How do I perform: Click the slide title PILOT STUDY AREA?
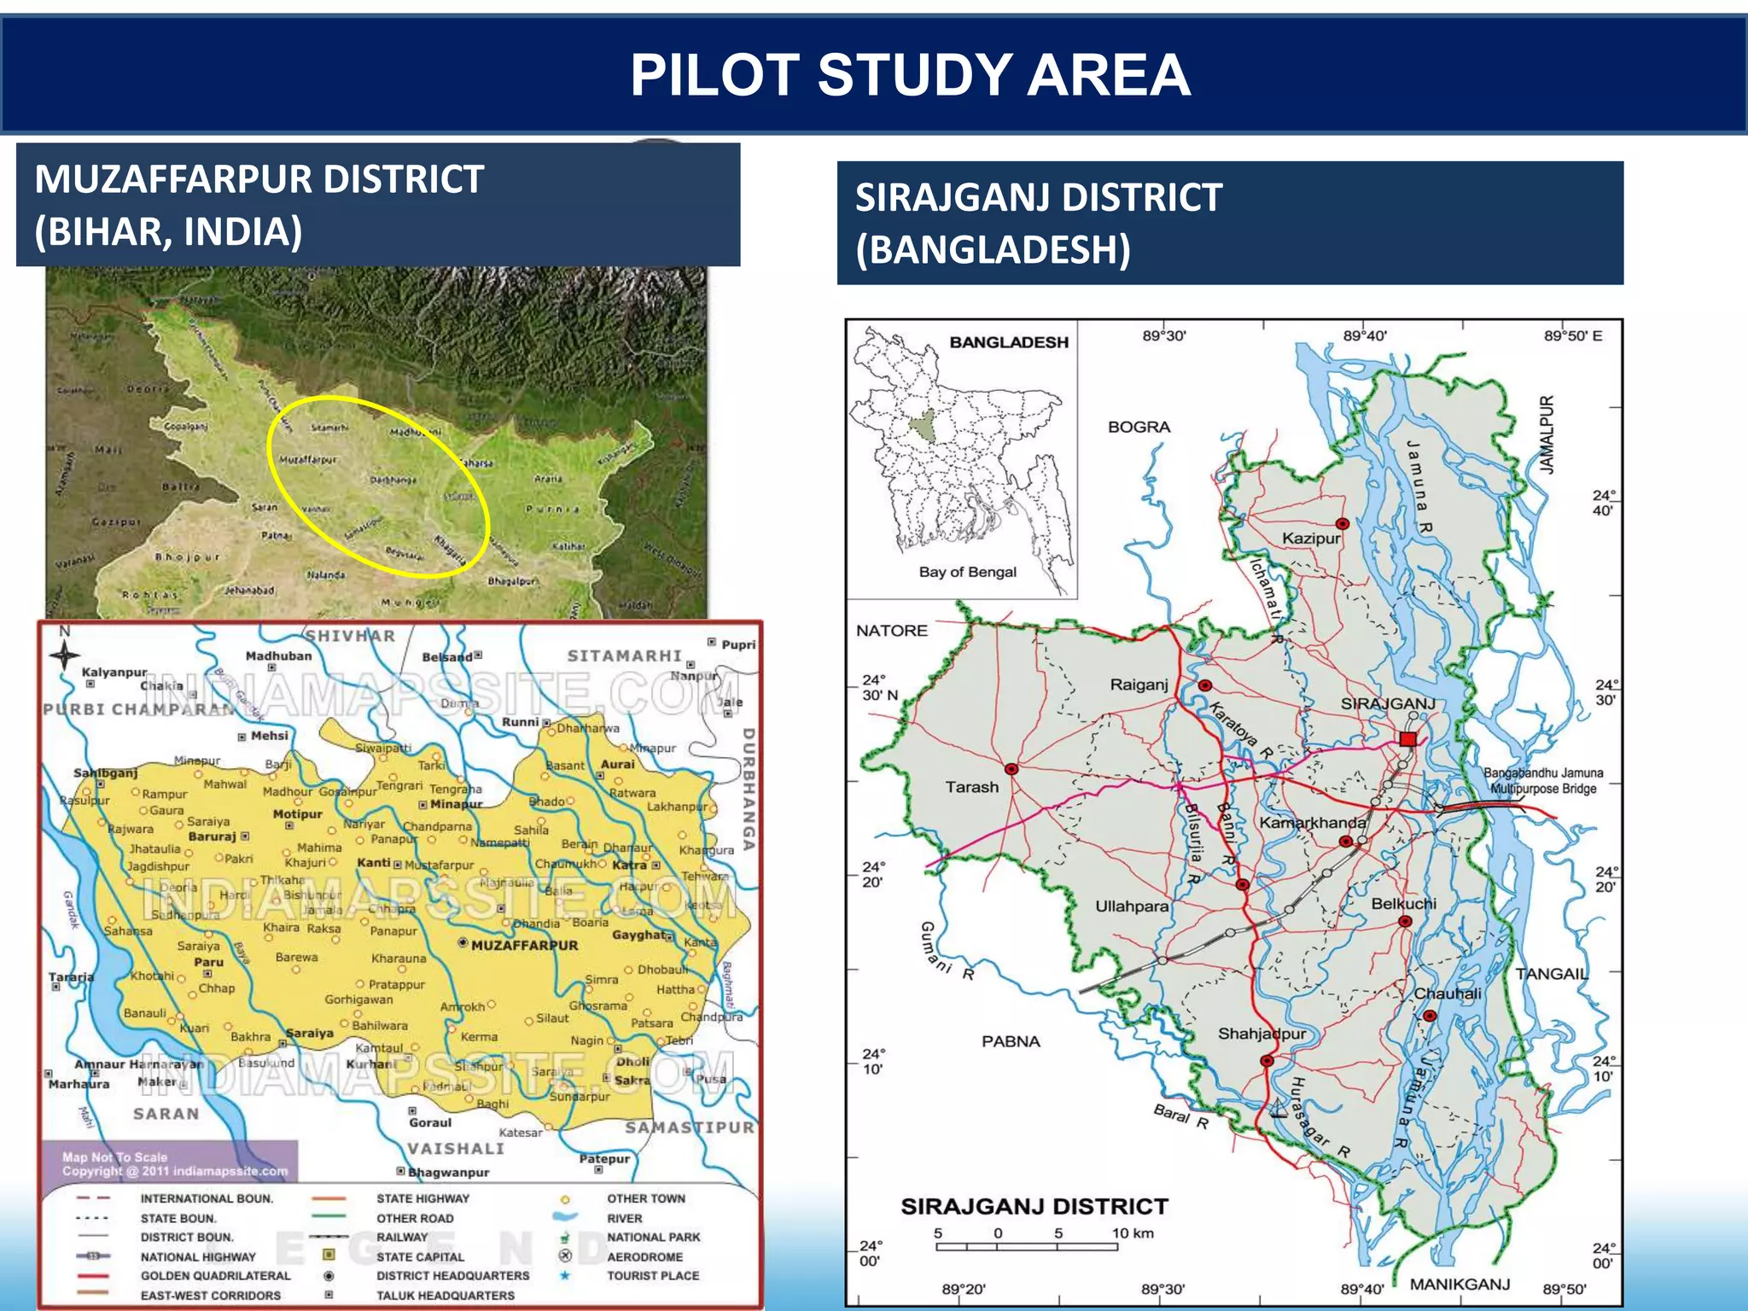910,75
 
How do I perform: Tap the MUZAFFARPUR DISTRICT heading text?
259,180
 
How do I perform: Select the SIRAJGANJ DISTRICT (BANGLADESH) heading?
1039,223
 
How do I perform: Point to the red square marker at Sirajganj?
1407,739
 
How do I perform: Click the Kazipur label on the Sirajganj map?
1310,539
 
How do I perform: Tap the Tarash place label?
971,787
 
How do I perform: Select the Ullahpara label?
1131,906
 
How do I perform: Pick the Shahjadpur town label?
1261,1034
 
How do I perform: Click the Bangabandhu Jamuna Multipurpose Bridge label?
1542,781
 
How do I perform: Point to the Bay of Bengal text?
967,572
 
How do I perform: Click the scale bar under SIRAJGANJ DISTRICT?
1027,1247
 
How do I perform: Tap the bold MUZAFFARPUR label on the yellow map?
524,946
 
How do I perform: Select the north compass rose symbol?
64,655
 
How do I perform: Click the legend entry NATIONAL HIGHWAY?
198,1256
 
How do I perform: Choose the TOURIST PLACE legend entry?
652,1276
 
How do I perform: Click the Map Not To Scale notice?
114,1157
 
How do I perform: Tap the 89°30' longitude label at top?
1164,336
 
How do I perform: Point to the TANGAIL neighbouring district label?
1551,974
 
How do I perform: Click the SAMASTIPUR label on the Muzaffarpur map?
690,1127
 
